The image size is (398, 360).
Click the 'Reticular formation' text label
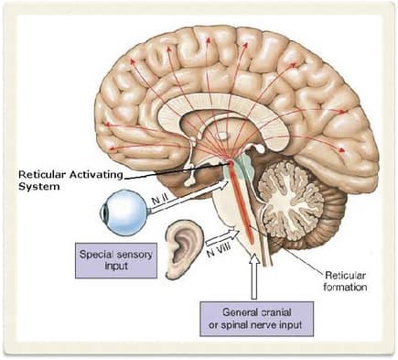(348, 280)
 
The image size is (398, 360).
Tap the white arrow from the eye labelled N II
(183, 202)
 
